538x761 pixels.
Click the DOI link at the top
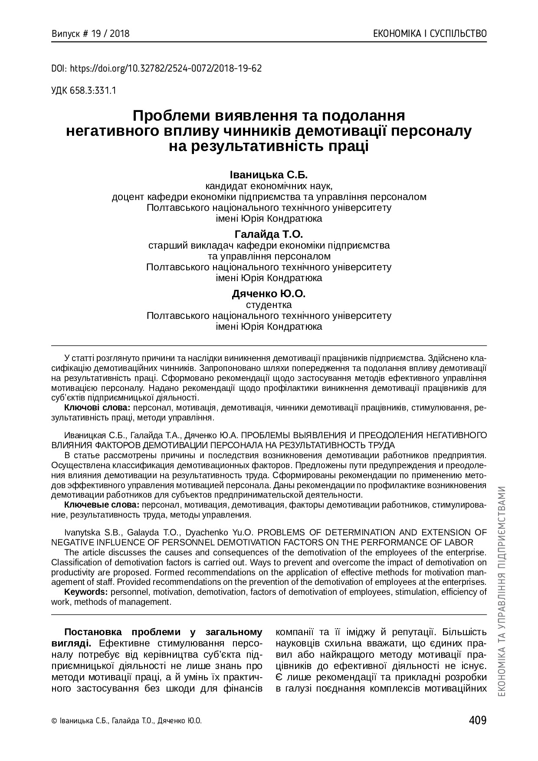tap(157, 68)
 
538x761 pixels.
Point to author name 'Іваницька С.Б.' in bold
tap(269, 175)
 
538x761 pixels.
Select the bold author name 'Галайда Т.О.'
tap(269, 235)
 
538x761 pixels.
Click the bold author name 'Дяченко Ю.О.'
tap(269, 294)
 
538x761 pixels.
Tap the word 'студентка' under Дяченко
tap(269, 305)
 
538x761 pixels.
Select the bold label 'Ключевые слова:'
tap(102, 505)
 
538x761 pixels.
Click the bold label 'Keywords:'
tap(86, 592)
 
